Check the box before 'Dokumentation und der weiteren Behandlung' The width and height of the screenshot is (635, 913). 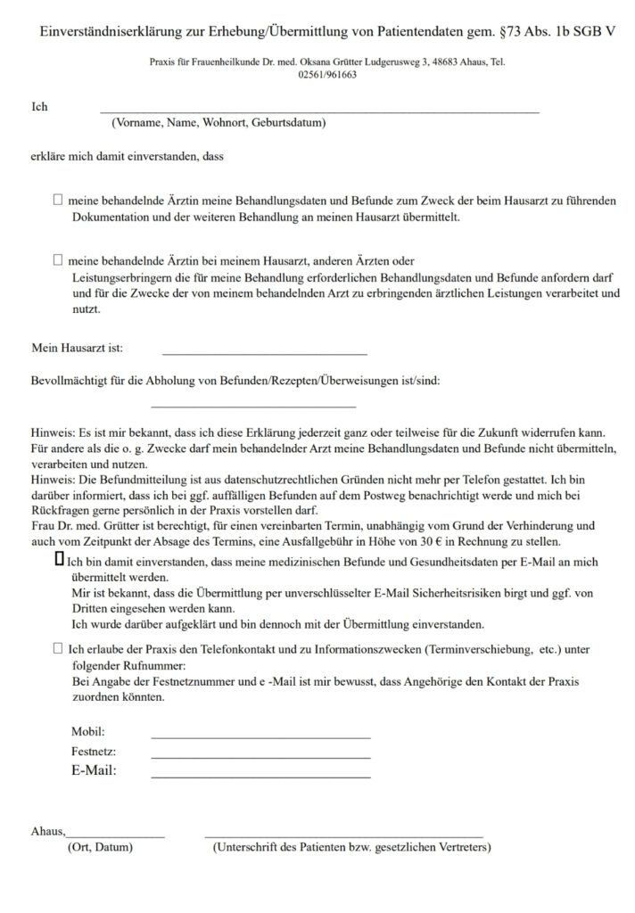pos(58,202)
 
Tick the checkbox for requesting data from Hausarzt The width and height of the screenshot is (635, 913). pos(58,260)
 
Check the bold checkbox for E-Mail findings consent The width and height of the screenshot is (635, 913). pos(59,559)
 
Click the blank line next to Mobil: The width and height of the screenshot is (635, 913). pos(260,737)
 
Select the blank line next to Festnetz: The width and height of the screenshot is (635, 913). pos(260,757)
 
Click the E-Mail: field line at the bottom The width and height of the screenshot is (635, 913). pos(260,777)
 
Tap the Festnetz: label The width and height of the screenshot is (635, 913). pos(94,752)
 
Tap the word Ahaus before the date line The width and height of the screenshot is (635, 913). pos(47,831)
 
